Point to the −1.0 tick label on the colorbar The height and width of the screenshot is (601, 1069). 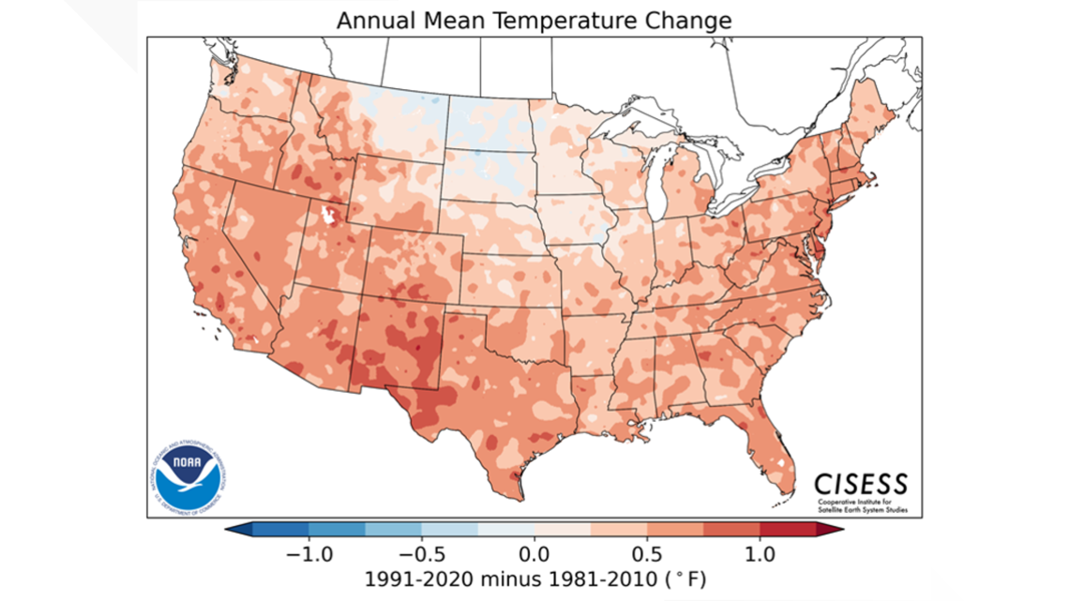[x=303, y=553]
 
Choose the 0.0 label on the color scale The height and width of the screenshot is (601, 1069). [x=534, y=553]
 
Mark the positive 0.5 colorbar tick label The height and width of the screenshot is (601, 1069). [x=648, y=553]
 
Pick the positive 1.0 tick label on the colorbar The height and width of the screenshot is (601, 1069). [x=760, y=553]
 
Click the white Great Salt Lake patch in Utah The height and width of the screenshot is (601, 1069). [x=328, y=216]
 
